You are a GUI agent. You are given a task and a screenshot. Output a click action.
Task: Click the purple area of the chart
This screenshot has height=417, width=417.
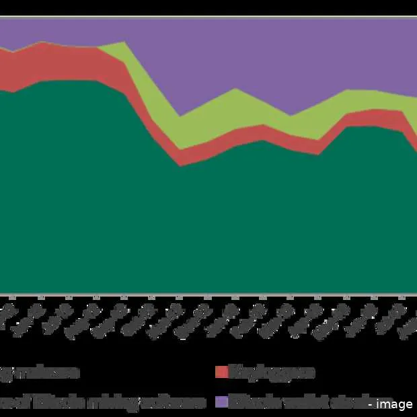(x=269, y=61)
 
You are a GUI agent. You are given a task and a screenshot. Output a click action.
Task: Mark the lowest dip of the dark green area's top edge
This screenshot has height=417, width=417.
(x=180, y=165)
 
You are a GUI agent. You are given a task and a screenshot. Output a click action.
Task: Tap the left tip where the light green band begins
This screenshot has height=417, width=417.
(x=99, y=48)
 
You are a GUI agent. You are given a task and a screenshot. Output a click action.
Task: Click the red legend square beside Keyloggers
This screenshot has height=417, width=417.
(x=221, y=372)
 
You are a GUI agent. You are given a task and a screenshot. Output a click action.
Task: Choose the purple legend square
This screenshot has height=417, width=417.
(x=221, y=402)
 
